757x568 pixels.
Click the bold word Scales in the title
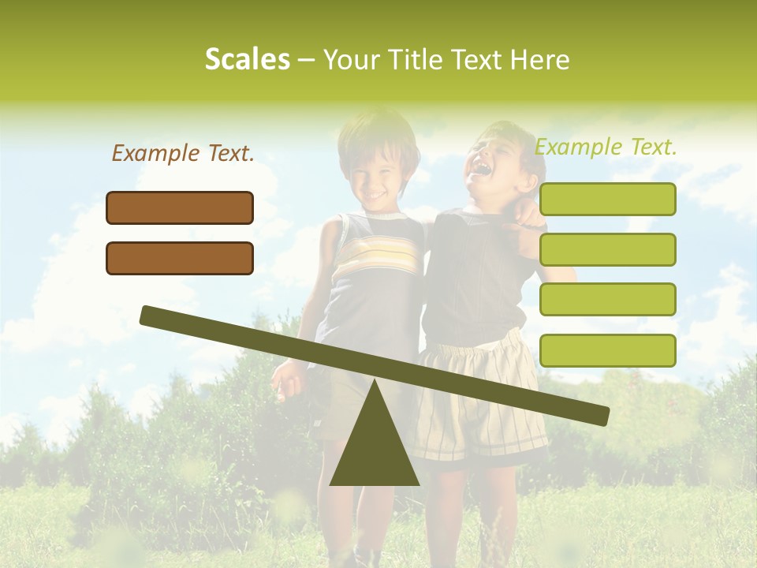(247, 59)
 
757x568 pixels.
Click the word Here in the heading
(539, 60)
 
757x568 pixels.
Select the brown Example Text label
(183, 153)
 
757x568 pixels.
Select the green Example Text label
(606, 147)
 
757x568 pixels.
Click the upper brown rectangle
(180, 207)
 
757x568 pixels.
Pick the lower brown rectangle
(180, 258)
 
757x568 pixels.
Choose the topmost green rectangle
(607, 200)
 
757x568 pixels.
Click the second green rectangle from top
(607, 249)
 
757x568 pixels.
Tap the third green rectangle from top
(607, 299)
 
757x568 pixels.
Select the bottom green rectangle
(607, 350)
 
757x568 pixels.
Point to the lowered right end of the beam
(601, 415)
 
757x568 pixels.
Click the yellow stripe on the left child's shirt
(376, 256)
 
